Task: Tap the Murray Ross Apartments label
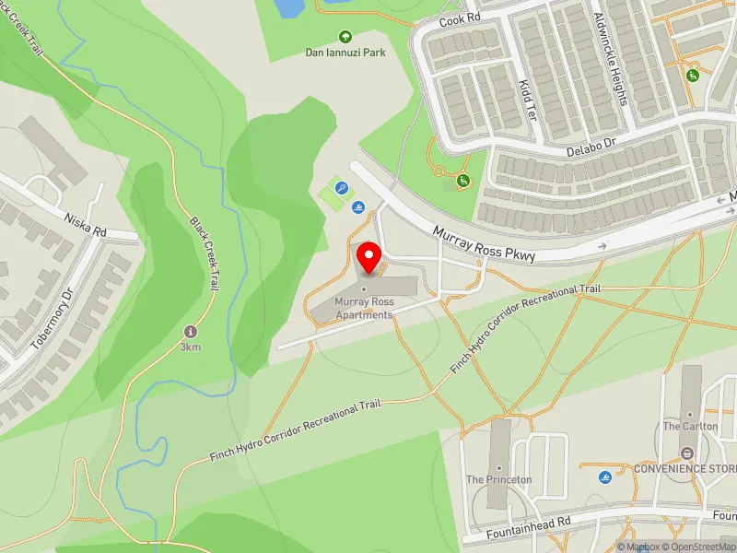(364, 308)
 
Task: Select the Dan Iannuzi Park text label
(345, 53)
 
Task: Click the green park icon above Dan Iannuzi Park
(345, 37)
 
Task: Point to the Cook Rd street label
(460, 19)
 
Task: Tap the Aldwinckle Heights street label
(610, 58)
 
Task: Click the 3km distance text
(191, 347)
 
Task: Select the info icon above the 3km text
(191, 331)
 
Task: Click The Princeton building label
(498, 480)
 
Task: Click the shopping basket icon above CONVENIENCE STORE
(686, 453)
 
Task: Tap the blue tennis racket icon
(342, 188)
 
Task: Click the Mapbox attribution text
(643, 547)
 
